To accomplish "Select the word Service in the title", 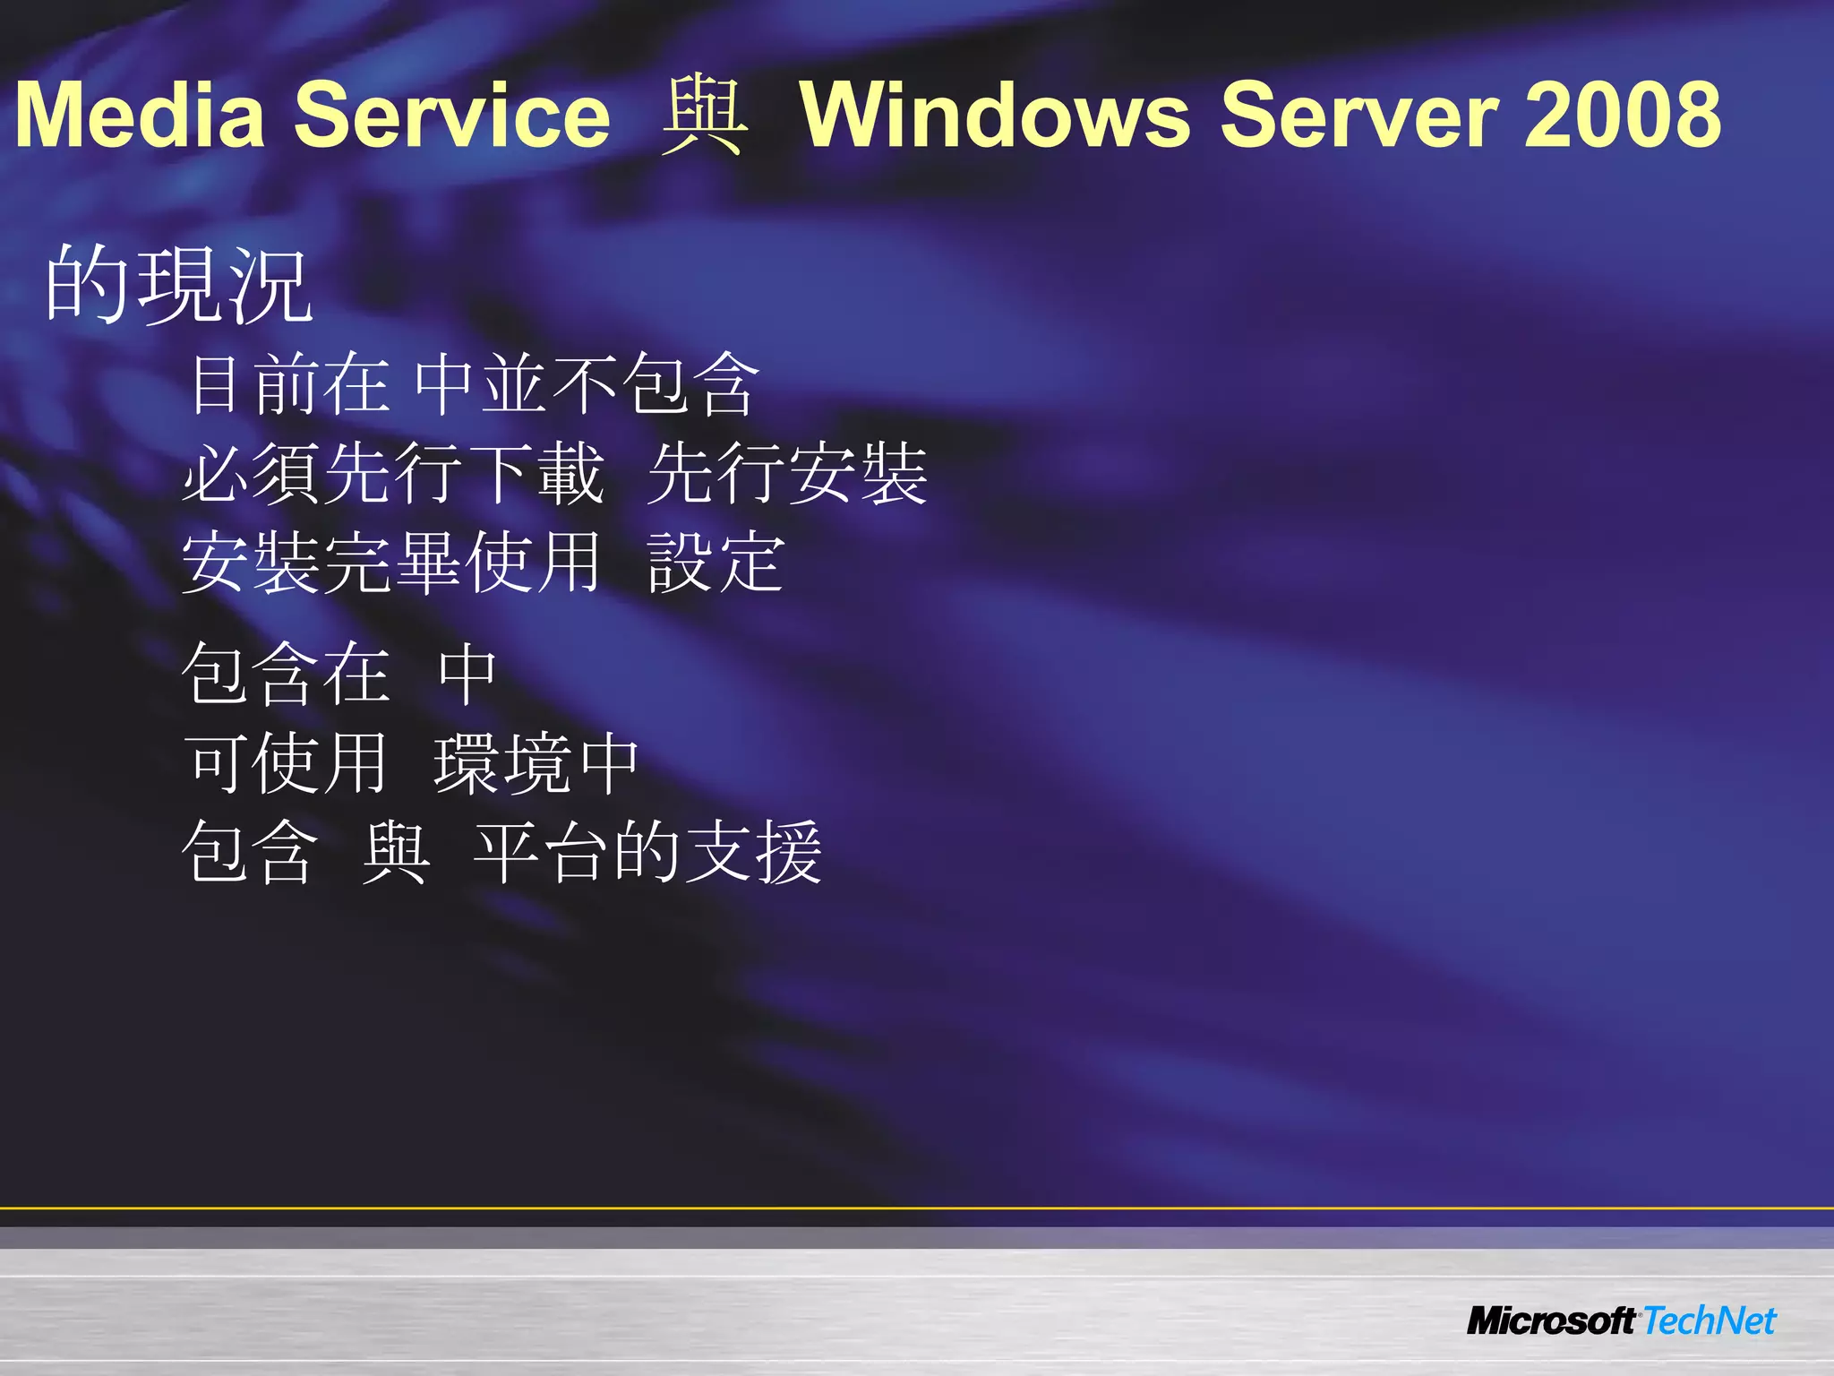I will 452,116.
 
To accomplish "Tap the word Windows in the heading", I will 994,116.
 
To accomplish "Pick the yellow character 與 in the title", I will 704,116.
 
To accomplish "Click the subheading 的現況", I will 179,285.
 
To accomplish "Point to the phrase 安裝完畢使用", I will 391,563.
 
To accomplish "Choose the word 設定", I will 716,563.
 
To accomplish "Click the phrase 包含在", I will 287,674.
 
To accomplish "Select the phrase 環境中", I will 536,763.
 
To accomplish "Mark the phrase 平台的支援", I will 647,852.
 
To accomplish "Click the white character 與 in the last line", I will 396,852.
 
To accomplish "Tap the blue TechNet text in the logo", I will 1709,1321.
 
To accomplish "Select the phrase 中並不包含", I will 587,383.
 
